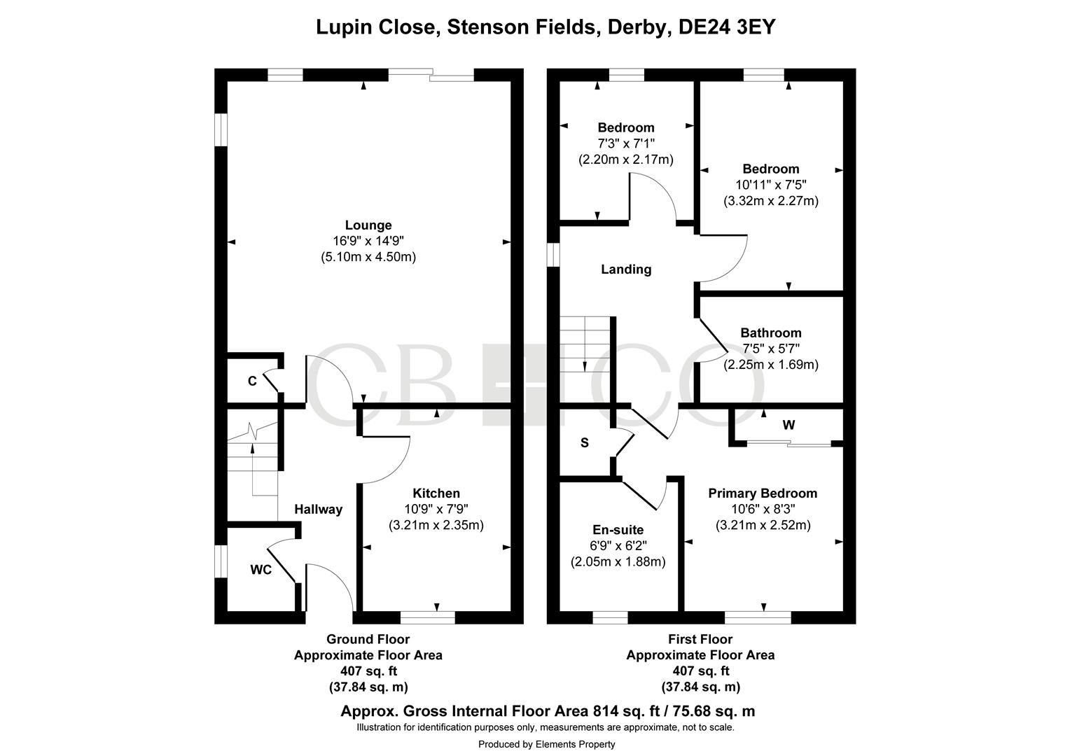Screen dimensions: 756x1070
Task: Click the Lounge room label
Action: [368, 225]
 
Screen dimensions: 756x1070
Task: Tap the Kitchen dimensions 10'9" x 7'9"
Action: [436, 509]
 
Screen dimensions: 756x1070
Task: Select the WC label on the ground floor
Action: [260, 570]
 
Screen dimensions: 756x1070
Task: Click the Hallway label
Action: [318, 510]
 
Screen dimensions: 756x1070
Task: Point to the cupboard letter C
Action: [252, 381]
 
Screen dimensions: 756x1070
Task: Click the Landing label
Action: [626, 269]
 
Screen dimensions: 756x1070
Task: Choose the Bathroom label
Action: [770, 333]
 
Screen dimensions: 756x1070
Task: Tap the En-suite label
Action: [618, 530]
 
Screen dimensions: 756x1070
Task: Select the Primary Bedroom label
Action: [763, 493]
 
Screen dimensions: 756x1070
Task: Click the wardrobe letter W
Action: [788, 425]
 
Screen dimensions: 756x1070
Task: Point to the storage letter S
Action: [585, 443]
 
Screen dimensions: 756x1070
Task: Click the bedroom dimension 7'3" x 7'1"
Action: [625, 143]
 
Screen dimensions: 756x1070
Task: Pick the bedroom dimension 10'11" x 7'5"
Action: [770, 185]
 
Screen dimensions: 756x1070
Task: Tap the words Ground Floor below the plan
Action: [368, 639]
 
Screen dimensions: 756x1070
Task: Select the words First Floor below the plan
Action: [700, 639]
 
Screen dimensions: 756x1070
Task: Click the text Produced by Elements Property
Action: [546, 744]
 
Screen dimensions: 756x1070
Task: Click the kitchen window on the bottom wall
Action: [427, 617]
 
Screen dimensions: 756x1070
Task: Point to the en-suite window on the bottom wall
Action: [610, 617]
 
